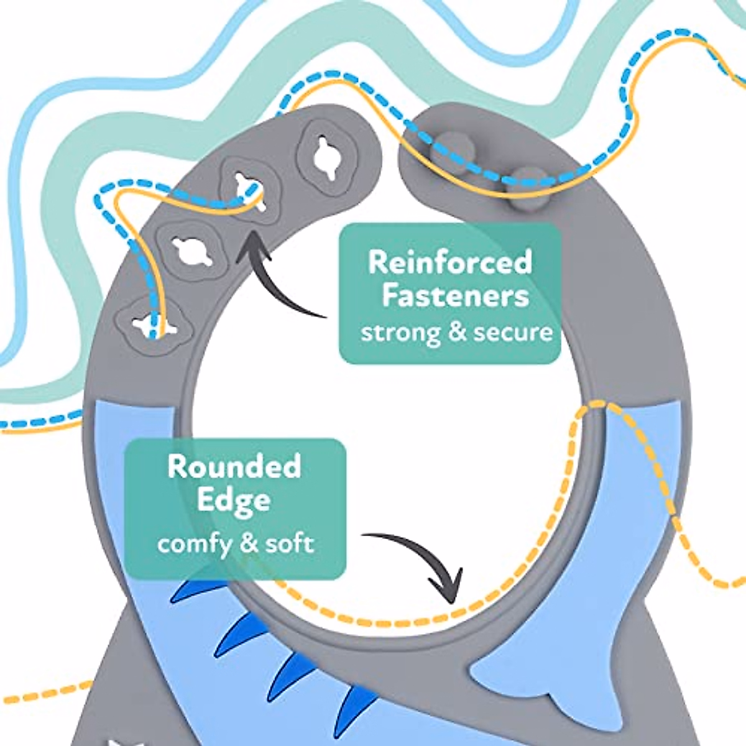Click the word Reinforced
pyautogui.click(x=450, y=262)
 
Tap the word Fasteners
pyautogui.click(x=455, y=296)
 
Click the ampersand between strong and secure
pyautogui.click(x=457, y=332)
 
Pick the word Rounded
pyautogui.click(x=234, y=466)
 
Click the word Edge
pyautogui.click(x=234, y=501)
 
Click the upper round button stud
pyautogui.click(x=452, y=150)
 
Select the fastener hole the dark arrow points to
pyautogui.click(x=250, y=191)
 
